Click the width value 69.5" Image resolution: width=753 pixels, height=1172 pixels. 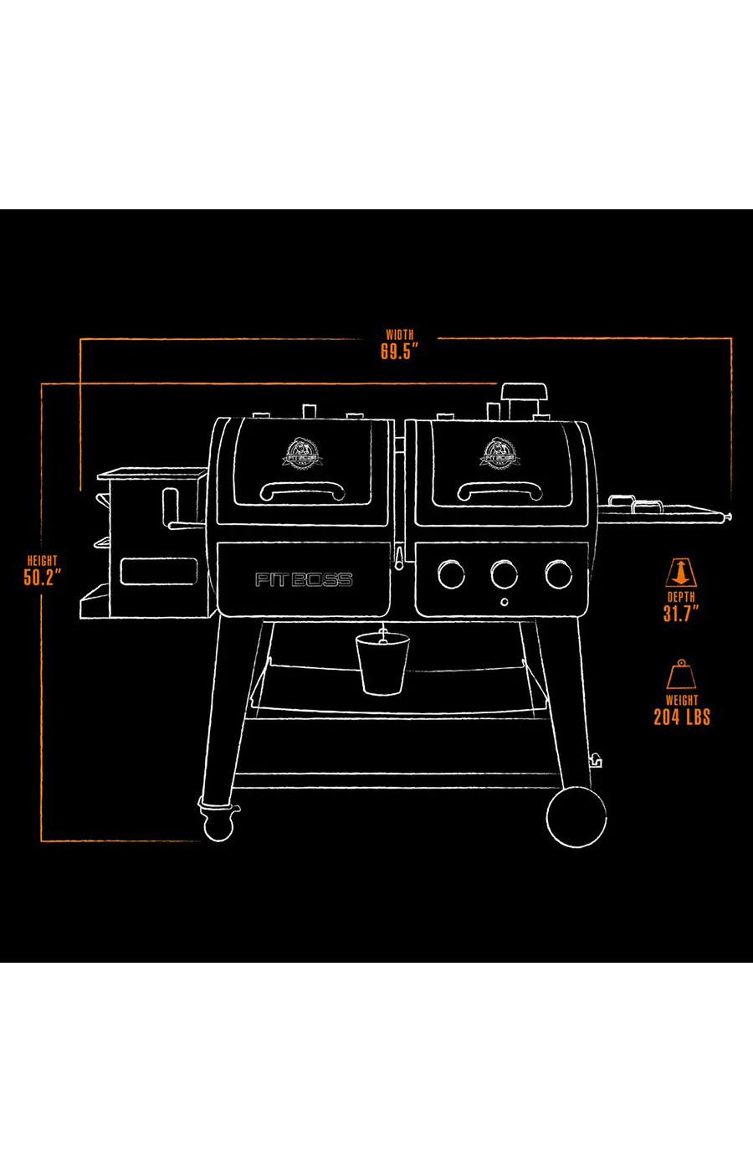point(399,352)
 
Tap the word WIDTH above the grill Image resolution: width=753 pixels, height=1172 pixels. point(400,334)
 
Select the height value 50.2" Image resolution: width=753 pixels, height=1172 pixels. point(42,578)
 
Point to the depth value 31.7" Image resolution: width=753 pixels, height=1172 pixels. point(680,614)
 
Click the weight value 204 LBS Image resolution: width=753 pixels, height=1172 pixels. point(681,717)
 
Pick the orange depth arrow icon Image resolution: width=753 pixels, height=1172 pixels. point(681,573)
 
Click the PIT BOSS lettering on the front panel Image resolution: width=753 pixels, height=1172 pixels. point(304,579)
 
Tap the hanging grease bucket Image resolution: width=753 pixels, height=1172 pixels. point(382,662)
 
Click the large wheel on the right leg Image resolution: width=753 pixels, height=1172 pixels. point(576,817)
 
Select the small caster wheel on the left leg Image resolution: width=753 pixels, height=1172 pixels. point(218,825)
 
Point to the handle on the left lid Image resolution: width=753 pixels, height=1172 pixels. point(302,490)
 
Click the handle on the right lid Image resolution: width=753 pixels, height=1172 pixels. point(499,490)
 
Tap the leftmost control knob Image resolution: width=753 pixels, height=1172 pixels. point(452,574)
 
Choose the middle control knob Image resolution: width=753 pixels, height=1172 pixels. point(505,574)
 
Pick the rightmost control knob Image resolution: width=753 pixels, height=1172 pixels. point(558,574)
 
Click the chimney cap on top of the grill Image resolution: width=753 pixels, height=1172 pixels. point(524,392)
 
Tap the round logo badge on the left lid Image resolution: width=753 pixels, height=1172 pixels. point(301,452)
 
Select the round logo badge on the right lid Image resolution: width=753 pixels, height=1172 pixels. point(498,452)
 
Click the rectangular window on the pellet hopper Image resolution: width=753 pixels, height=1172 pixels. point(158,572)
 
